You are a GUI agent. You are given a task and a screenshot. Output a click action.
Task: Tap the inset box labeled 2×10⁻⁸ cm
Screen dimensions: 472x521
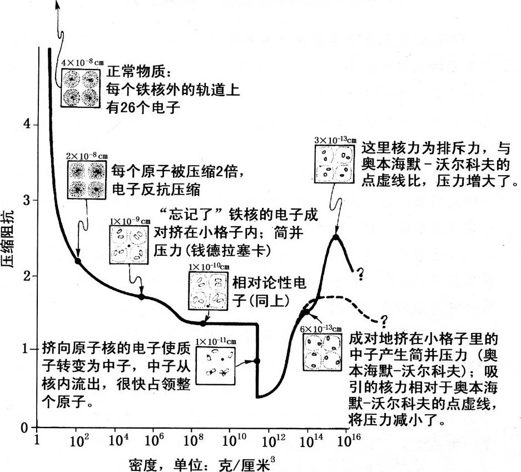coord(87,180)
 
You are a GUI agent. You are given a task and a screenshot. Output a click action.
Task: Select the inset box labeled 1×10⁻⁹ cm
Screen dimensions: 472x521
coord(130,245)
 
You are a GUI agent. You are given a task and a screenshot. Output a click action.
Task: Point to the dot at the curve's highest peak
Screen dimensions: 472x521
coord(336,237)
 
